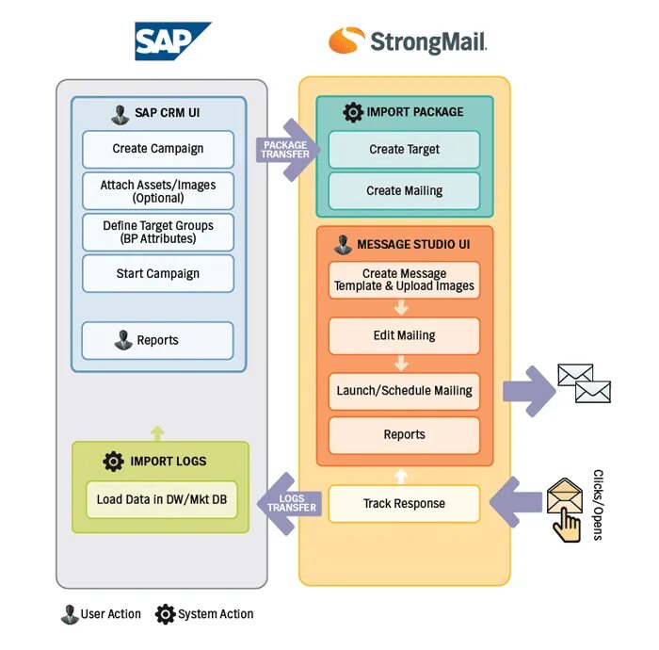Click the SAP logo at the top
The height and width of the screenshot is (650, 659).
(172, 41)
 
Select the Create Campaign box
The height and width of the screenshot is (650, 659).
(157, 149)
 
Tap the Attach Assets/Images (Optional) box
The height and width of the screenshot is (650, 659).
(157, 191)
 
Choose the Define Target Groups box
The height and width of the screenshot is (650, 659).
(157, 232)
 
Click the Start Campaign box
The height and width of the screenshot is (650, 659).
(157, 273)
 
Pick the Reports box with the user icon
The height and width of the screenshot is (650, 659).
(157, 340)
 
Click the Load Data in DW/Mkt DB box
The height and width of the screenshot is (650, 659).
(161, 499)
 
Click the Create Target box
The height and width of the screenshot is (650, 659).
(404, 149)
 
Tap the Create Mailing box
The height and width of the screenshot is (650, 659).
(404, 190)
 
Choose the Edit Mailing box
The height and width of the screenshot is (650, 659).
(404, 335)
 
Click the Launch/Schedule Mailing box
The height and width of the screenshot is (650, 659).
(404, 390)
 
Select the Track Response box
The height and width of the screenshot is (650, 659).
(404, 504)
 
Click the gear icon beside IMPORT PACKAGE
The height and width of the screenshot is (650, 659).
(353, 112)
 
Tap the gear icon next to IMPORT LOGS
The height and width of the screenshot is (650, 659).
(114, 462)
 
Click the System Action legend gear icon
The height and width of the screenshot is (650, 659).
(165, 614)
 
